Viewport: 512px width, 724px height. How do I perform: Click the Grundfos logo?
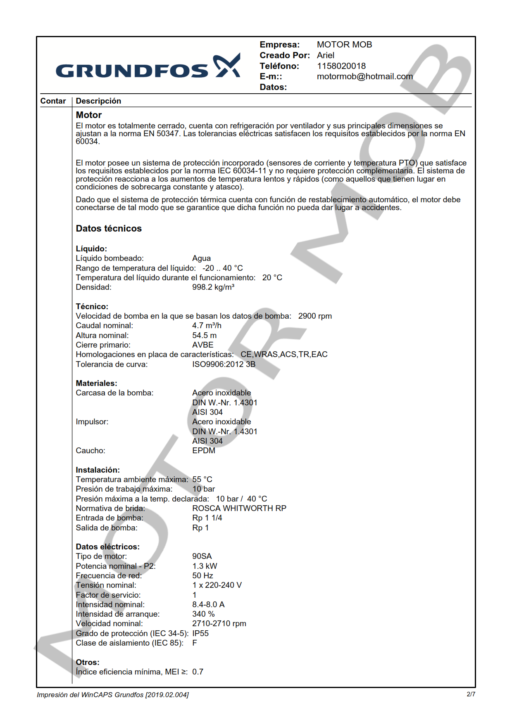pos(148,66)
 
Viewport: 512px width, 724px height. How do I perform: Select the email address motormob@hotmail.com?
pos(364,76)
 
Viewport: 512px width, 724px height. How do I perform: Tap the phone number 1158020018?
pos(341,66)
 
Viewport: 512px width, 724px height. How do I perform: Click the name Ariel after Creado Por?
pos(325,55)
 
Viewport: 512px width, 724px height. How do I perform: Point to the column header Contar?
pos(53,101)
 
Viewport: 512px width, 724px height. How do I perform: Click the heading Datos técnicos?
pos(109,229)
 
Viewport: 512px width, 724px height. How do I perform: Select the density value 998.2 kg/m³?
pos(213,287)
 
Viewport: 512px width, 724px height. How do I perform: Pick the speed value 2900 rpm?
pos(315,316)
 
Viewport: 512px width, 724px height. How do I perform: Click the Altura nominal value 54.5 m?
pos(204,336)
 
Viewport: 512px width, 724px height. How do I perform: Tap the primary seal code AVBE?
pos(202,345)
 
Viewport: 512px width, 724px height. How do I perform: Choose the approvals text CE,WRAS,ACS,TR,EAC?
pos(284,355)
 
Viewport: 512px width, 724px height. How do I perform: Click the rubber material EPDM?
pos(203,451)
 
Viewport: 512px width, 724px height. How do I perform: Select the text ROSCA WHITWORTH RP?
pos(239,509)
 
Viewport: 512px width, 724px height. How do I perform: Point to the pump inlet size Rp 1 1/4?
pos(207,518)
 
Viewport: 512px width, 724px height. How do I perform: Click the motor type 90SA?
pos(202,556)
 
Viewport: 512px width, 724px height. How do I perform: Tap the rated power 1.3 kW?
pos(205,566)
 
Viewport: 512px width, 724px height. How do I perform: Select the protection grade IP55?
pos(200,634)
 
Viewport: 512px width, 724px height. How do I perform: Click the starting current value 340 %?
pos(203,614)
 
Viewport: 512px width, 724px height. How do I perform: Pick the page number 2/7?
pos(471,694)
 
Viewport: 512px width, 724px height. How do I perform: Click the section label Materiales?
pos(96,383)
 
